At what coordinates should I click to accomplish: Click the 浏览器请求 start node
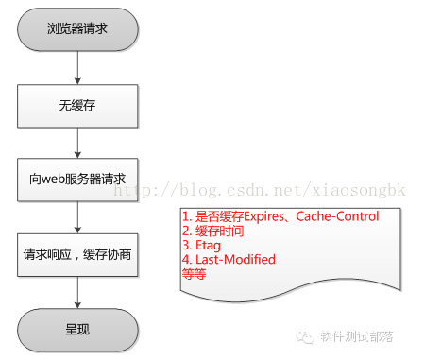(x=77, y=28)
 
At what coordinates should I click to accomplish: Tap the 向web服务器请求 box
(x=77, y=179)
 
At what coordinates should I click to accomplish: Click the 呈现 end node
(x=77, y=330)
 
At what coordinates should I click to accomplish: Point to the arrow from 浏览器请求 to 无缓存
(x=77, y=65)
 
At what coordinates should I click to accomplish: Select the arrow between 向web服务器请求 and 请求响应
(x=77, y=215)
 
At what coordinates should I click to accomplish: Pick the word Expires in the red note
(x=265, y=216)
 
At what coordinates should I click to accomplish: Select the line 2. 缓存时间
(x=212, y=231)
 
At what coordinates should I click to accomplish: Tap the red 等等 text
(x=193, y=273)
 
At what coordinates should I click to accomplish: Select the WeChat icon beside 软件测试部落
(x=309, y=336)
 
